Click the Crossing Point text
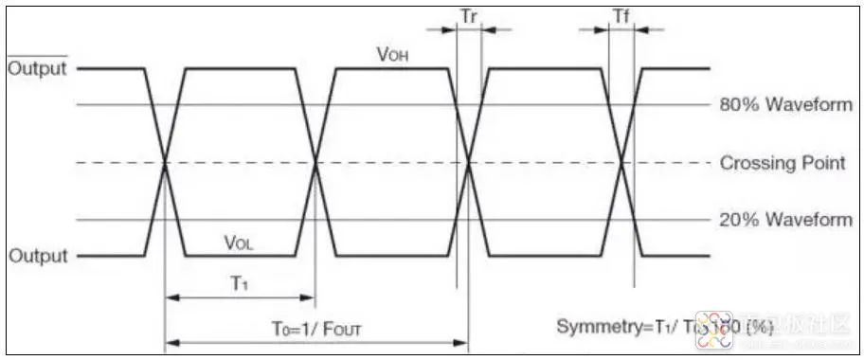(783, 163)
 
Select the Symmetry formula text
(664, 327)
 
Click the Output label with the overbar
(38, 69)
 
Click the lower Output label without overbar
(38, 256)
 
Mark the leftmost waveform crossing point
(166, 163)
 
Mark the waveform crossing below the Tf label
(621, 163)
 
